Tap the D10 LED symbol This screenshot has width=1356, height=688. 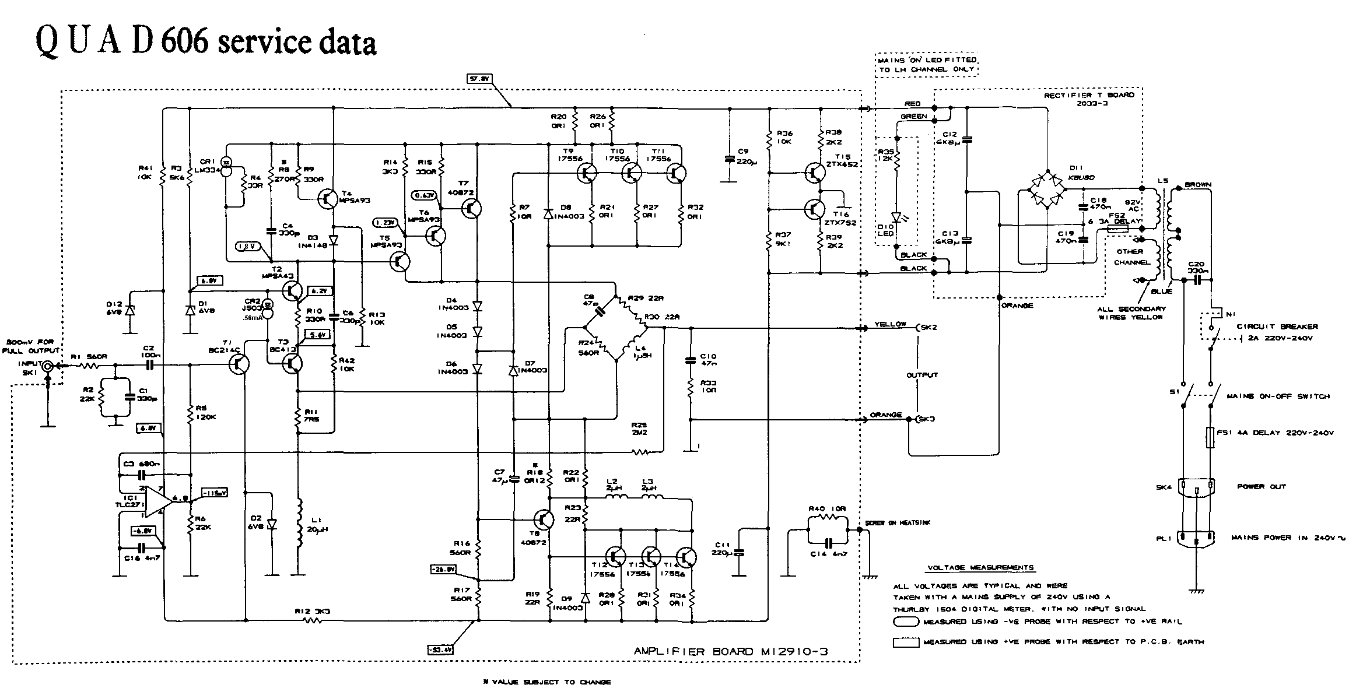point(898,217)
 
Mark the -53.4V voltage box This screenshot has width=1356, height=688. point(440,649)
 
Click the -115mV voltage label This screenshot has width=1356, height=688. point(213,492)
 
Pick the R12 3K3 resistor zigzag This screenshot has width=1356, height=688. point(313,621)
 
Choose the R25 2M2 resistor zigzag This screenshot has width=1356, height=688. point(641,452)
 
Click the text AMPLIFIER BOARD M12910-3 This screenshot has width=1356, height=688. point(730,651)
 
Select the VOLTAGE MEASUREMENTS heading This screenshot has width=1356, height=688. point(980,567)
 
